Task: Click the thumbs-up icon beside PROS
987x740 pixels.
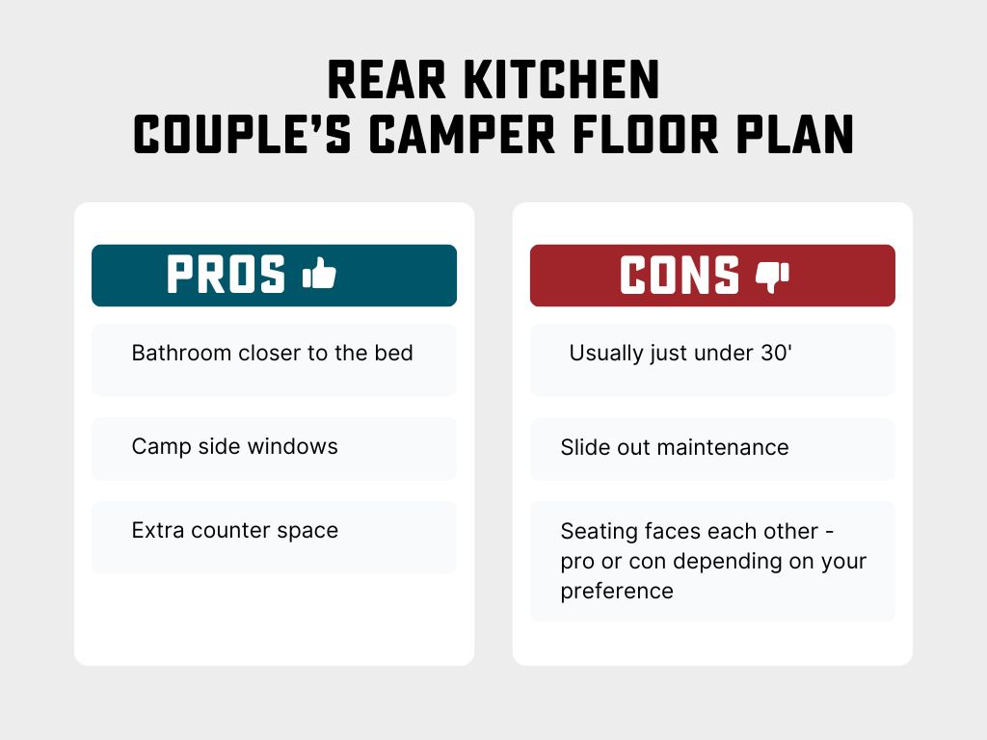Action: (x=319, y=275)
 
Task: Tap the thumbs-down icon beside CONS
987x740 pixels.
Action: (x=772, y=277)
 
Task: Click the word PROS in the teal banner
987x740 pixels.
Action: (x=227, y=276)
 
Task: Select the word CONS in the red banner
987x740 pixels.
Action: (x=680, y=276)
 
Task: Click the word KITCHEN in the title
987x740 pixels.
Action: (x=562, y=82)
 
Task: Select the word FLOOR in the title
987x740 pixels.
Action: (x=655, y=135)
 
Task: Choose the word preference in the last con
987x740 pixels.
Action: (x=617, y=590)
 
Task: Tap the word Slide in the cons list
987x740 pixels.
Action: (x=582, y=447)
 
